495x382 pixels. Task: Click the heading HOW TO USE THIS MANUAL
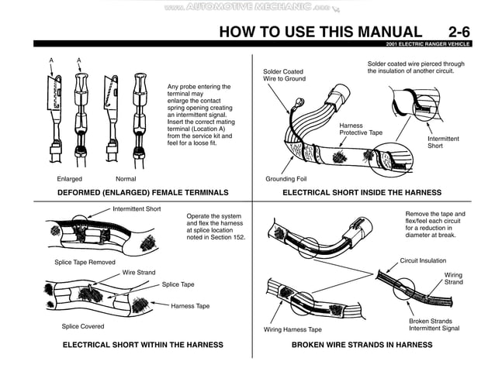pyautogui.click(x=320, y=32)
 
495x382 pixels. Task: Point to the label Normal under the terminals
pyautogui.click(x=126, y=179)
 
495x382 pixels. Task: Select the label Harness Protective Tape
pyautogui.click(x=361, y=129)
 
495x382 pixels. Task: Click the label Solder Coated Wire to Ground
pyautogui.click(x=283, y=75)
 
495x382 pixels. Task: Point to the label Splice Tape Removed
pyautogui.click(x=85, y=263)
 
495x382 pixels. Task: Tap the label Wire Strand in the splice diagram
pyautogui.click(x=138, y=273)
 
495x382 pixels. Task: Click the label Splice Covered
pyautogui.click(x=83, y=326)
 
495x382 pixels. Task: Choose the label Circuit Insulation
pyautogui.click(x=423, y=261)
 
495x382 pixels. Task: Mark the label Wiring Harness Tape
pyautogui.click(x=293, y=329)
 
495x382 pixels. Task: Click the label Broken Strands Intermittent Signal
pyautogui.click(x=434, y=325)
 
